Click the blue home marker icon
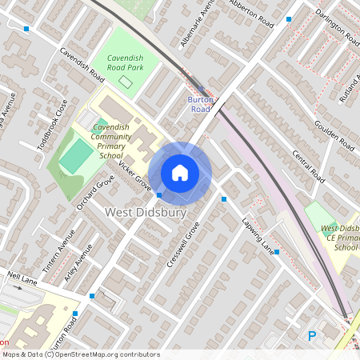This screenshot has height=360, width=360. (x=180, y=173)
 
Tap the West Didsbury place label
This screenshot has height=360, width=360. (x=146, y=214)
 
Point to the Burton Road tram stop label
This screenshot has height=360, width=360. (x=199, y=103)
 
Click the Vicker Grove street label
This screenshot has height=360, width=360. (x=135, y=176)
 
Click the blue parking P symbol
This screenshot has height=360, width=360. (x=312, y=337)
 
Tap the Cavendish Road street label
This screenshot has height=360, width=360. (x=82, y=66)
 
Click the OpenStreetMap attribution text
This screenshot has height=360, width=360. (x=81, y=354)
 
